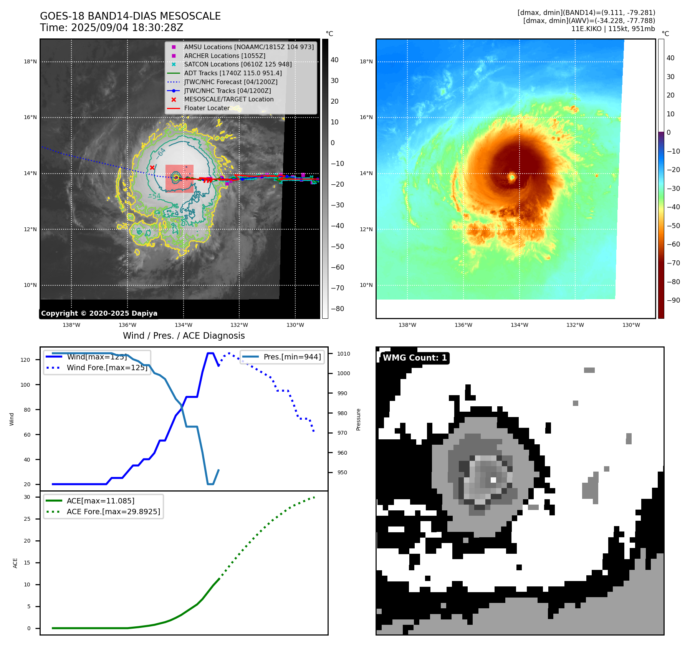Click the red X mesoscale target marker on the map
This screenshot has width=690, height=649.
(152, 167)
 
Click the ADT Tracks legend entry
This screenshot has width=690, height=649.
(233, 73)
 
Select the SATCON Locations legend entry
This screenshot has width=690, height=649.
(238, 64)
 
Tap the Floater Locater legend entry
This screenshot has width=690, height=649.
(207, 108)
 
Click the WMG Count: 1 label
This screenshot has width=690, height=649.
(415, 358)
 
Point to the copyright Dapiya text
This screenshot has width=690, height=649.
(99, 313)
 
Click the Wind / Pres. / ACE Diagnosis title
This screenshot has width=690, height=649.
(184, 336)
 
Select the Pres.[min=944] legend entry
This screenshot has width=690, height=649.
(292, 357)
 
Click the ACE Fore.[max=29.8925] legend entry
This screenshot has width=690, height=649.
(113, 512)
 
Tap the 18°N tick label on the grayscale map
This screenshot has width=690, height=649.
(30, 61)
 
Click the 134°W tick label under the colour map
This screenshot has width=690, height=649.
(519, 325)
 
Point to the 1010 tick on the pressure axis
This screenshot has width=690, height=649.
(344, 354)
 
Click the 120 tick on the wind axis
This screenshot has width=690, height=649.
(25, 360)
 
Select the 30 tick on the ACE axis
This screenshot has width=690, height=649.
(27, 497)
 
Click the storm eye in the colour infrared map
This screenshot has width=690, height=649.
(512, 177)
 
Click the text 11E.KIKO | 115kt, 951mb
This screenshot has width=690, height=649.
(613, 29)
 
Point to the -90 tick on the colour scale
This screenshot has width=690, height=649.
(673, 300)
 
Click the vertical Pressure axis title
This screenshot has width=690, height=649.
(358, 419)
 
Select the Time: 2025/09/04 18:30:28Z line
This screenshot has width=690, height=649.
(111, 28)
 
